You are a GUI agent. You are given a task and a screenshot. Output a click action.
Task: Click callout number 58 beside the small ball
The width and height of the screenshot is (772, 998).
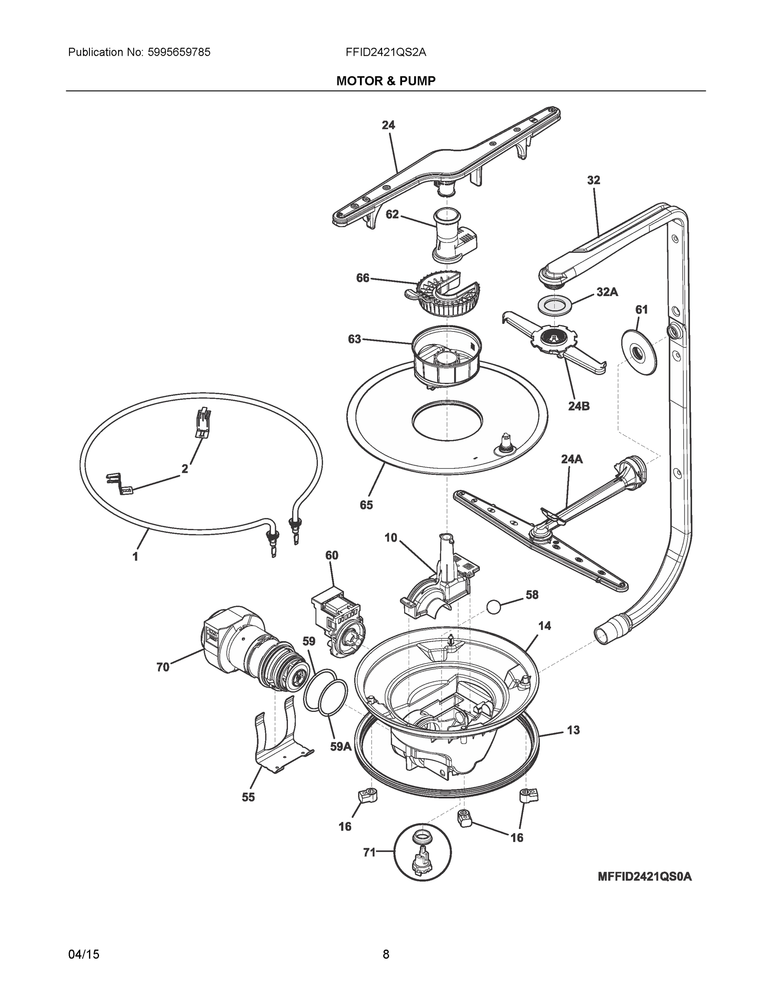(531, 595)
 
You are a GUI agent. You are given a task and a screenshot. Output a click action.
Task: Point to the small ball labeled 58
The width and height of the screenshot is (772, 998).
(494, 607)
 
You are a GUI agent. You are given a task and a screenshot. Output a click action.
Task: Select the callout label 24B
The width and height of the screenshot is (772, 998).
(578, 405)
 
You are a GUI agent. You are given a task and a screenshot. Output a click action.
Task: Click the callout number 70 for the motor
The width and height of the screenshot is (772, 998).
(162, 667)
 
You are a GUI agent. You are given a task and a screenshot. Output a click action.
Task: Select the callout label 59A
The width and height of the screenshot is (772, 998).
(341, 746)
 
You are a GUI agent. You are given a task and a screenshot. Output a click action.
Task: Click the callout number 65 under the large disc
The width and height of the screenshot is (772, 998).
(366, 504)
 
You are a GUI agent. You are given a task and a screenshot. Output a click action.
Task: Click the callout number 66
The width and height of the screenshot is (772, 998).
(362, 277)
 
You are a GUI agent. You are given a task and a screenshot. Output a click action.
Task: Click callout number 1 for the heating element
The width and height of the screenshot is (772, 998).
(135, 556)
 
